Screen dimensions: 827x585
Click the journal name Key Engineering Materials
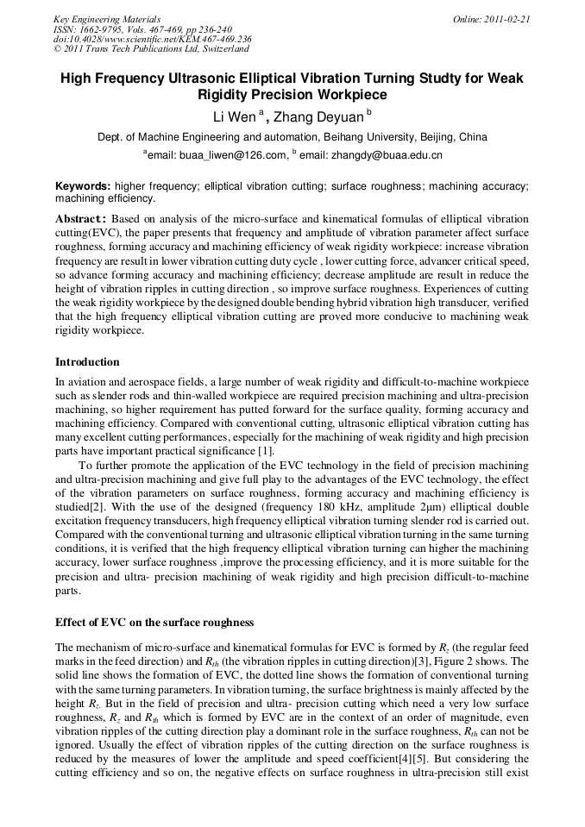tap(107, 19)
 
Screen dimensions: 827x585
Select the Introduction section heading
tap(87, 361)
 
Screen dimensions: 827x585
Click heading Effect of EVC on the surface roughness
tap(154, 622)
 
